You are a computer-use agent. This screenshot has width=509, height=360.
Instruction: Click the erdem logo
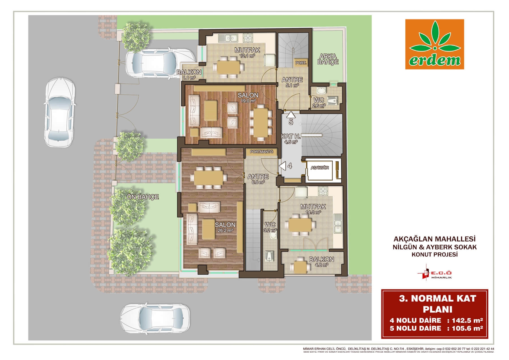coord(434,44)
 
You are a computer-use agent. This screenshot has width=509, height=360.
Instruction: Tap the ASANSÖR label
coord(320,168)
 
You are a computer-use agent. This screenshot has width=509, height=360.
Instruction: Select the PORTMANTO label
coord(262,152)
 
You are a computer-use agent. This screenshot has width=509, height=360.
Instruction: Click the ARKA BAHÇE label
coord(327,59)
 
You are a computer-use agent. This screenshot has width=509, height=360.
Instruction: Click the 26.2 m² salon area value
coord(225,231)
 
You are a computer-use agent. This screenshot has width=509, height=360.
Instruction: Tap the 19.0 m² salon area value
coord(248,101)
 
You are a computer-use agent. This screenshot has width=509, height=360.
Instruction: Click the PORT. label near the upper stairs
coord(301,63)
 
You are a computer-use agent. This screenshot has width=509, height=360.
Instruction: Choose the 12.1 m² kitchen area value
coord(247,56)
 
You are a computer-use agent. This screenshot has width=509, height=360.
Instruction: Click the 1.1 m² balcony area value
coord(189,78)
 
